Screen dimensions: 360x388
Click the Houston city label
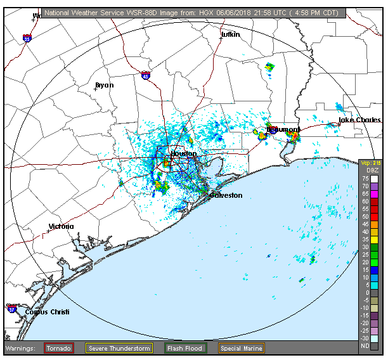184,154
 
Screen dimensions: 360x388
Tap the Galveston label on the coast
226,195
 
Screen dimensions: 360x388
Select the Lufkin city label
231,34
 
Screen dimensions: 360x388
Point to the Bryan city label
105,85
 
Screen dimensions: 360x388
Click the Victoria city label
61,226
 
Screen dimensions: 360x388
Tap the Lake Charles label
359,120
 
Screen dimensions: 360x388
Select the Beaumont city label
283,129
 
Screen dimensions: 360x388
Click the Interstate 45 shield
146,75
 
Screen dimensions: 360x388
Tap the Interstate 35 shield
27,39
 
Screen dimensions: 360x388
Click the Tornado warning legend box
58,348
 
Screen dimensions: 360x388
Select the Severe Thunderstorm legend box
119,348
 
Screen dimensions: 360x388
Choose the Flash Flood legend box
184,348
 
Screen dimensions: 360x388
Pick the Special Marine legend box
241,348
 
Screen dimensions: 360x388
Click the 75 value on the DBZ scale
366,179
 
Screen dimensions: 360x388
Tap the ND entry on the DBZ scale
366,345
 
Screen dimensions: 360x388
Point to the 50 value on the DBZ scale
366,217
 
